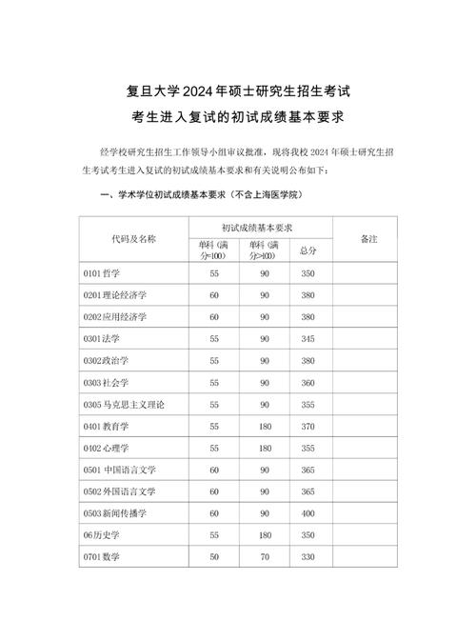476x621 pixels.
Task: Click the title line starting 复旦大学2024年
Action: point(237,92)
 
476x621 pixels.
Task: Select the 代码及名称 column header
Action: point(133,239)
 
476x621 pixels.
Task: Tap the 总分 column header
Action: point(307,250)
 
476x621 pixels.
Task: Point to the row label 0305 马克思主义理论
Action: point(125,404)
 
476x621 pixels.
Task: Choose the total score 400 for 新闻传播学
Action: point(307,513)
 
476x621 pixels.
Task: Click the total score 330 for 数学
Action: point(307,556)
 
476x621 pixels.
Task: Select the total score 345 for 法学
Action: point(307,338)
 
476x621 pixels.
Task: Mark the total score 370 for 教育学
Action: point(307,426)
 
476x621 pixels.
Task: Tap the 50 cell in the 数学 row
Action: point(213,556)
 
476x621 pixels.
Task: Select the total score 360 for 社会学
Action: point(307,382)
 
